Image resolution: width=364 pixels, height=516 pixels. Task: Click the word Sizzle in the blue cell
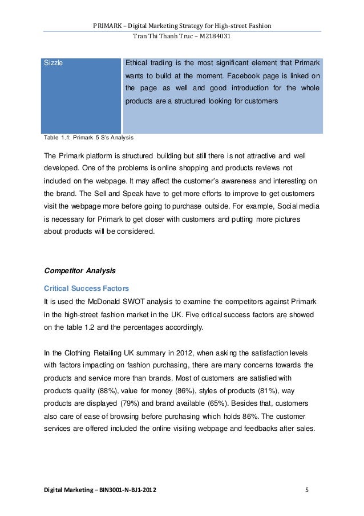[54, 63]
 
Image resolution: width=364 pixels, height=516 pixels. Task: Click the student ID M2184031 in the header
[213, 36]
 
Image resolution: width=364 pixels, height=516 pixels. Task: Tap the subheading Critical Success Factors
[86, 287]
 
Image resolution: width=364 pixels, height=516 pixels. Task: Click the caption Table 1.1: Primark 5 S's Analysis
[89, 138]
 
